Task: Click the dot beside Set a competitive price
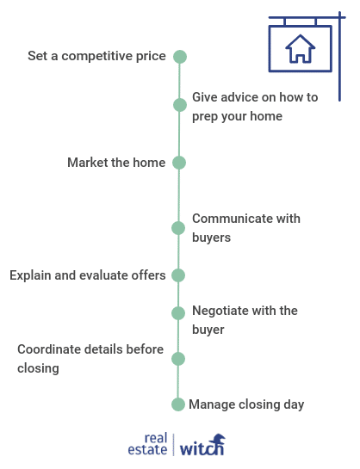pyautogui.click(x=180, y=57)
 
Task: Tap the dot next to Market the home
pyautogui.click(x=179, y=163)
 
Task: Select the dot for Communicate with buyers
pyautogui.click(x=178, y=228)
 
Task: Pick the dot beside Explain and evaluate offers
pyautogui.click(x=178, y=275)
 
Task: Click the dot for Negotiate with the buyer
pyautogui.click(x=178, y=313)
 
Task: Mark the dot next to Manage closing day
pyautogui.click(x=178, y=404)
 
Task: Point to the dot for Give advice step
pyautogui.click(x=180, y=105)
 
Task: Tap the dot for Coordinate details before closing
pyautogui.click(x=178, y=359)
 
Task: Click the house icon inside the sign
pyautogui.click(x=301, y=48)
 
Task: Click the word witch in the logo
pyautogui.click(x=202, y=447)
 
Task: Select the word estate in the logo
pyautogui.click(x=147, y=449)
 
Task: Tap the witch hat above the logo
pyautogui.click(x=218, y=439)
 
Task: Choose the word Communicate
pyautogui.click(x=232, y=219)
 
